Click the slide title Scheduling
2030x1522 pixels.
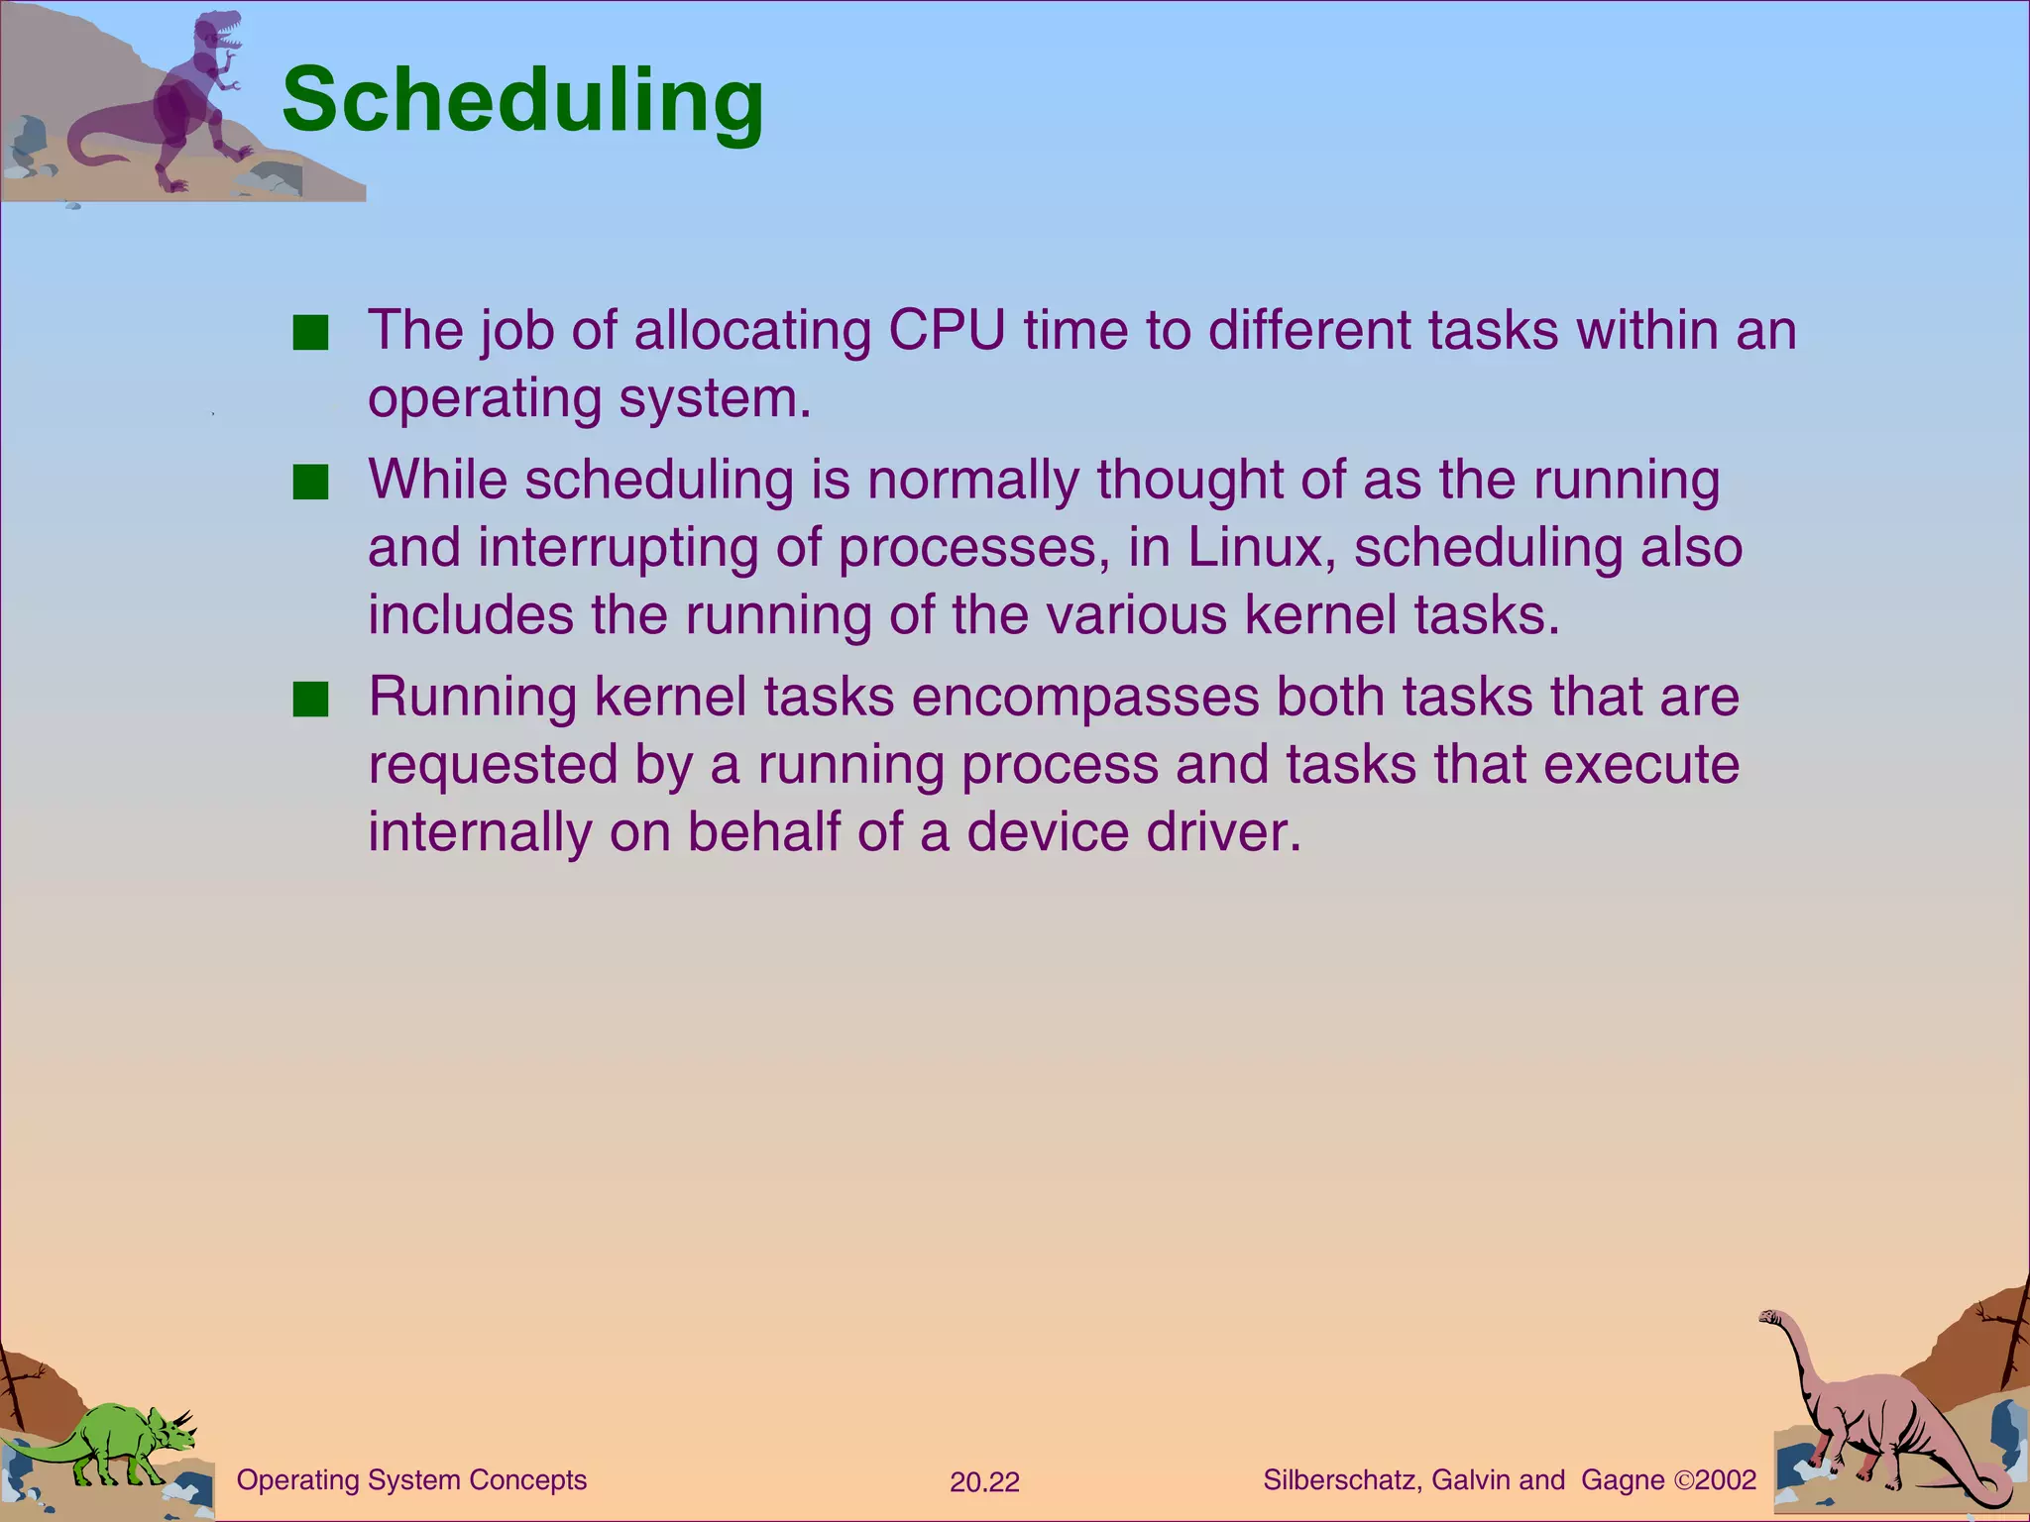point(522,100)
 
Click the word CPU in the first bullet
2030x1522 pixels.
point(947,330)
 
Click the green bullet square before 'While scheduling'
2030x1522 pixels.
point(310,484)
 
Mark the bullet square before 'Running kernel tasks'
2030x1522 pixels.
point(310,700)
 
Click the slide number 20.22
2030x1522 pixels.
point(984,1482)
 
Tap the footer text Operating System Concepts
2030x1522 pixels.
point(411,1480)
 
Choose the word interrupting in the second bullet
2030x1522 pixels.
point(618,547)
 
